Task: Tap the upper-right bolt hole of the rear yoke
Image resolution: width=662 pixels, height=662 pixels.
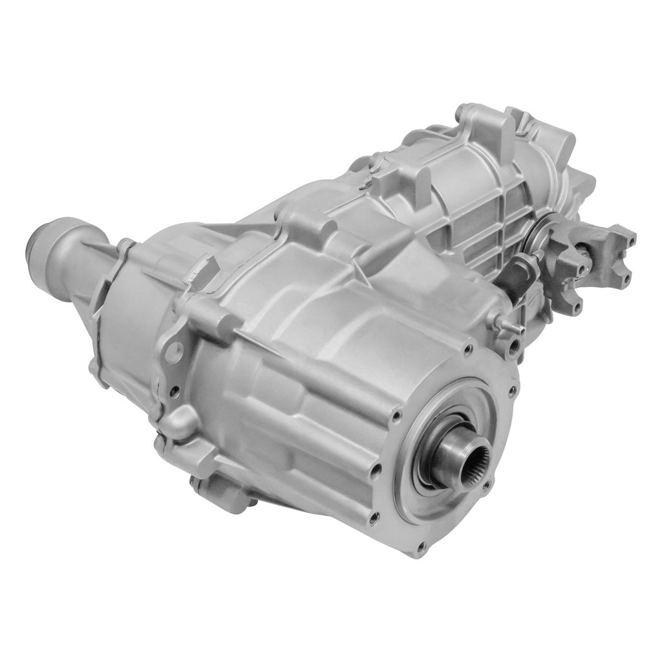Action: click(x=630, y=240)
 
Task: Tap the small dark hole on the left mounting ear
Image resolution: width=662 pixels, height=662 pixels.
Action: click(x=175, y=390)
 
